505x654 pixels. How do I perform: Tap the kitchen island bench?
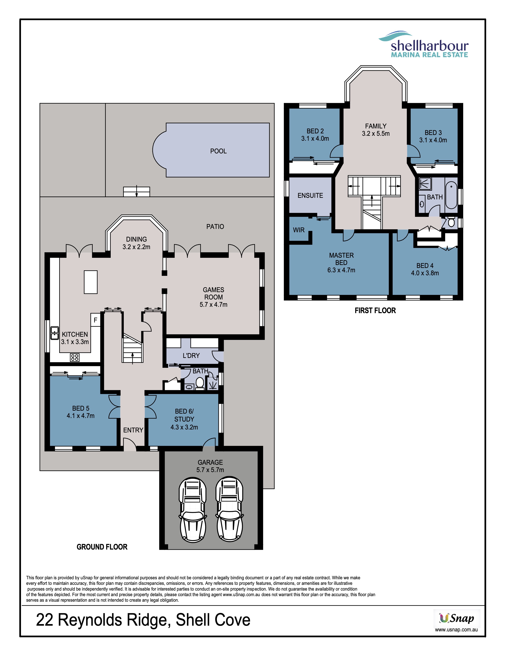tap(91, 282)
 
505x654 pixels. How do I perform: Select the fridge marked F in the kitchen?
tap(95, 320)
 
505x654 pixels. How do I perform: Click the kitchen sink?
tap(54, 333)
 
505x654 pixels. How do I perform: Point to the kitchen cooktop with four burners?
tap(75, 357)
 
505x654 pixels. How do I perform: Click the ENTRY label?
tap(133, 430)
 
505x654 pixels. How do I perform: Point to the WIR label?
tap(299, 230)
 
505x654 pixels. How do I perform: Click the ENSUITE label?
tap(310, 196)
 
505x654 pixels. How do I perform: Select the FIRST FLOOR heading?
tap(375, 311)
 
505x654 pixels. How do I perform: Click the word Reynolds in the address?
tap(90, 620)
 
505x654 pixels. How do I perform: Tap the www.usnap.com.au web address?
tap(456, 630)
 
